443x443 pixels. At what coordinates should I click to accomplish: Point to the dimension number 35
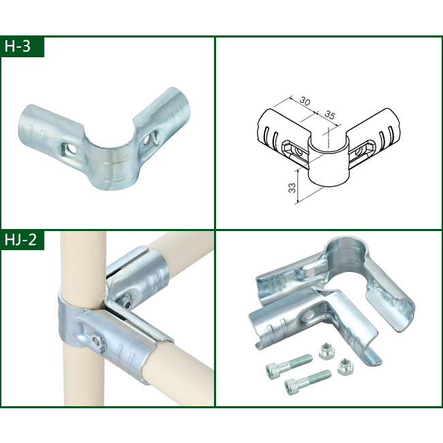tap(329, 114)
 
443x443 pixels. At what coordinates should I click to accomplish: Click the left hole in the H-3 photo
tap(71, 147)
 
